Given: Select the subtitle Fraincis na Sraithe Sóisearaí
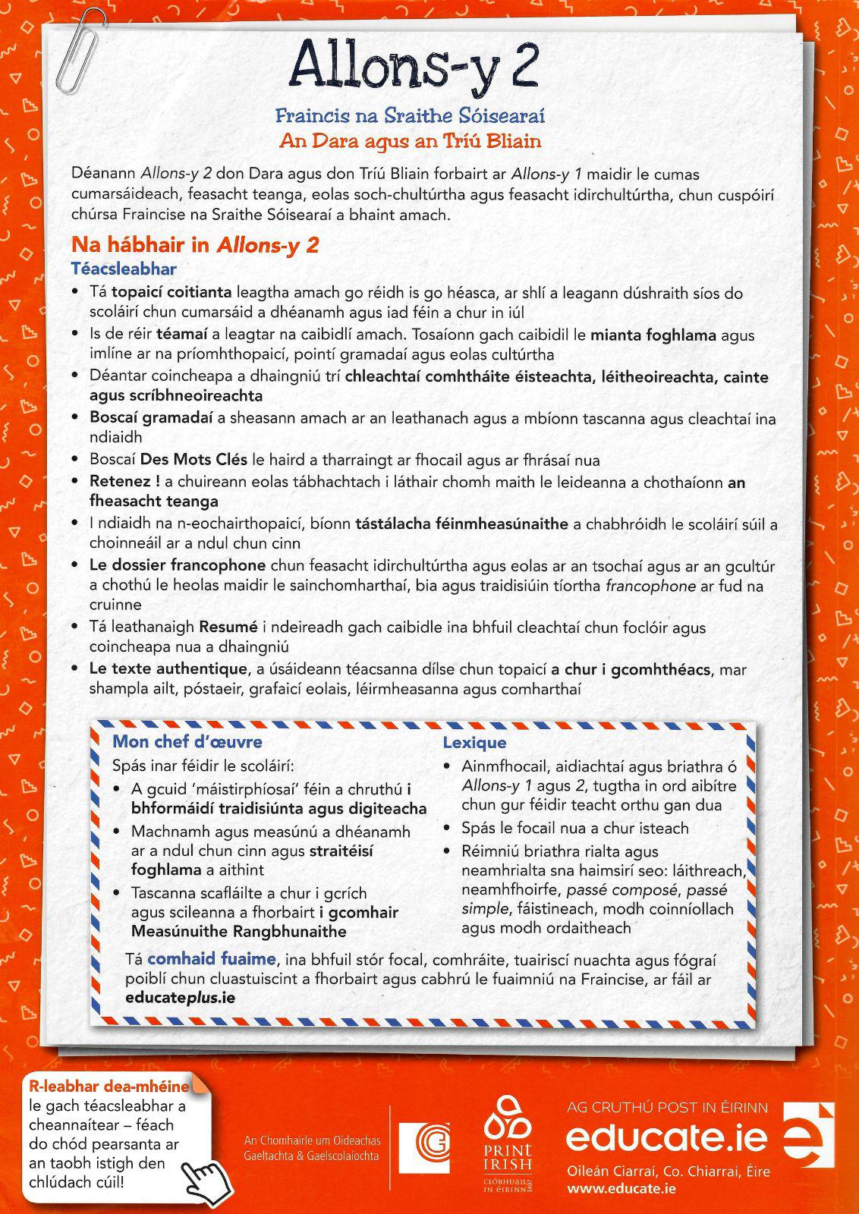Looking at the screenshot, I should (x=410, y=117).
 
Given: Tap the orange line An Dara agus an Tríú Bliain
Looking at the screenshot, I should (x=410, y=141).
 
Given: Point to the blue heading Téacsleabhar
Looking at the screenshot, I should (x=124, y=269).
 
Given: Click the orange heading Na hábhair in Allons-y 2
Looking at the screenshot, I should (x=194, y=245).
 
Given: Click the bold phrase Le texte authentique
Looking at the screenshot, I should (x=168, y=669).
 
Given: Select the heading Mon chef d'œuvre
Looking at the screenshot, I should (x=187, y=742).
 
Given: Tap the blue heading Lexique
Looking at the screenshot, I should (x=474, y=743).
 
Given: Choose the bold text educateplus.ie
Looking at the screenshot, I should (x=179, y=998).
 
